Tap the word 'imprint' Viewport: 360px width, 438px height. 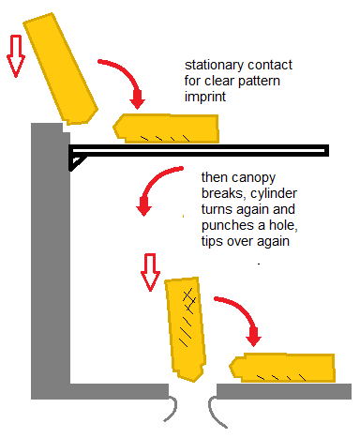205,97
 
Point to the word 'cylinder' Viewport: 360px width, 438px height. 274,193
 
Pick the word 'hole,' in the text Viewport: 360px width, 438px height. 283,225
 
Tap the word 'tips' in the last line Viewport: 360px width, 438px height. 212,241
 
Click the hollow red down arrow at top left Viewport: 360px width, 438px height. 16,55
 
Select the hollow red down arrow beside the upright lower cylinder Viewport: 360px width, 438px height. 150,272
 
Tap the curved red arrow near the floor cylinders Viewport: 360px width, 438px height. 242,312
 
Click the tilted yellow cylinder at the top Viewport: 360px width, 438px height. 61,69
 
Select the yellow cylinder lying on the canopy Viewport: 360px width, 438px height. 166,128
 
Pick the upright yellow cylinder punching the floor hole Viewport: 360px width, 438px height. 185,328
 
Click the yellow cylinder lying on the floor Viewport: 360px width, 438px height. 283,368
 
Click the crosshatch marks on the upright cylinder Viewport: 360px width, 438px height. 188,301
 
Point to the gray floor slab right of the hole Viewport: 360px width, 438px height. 284,391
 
